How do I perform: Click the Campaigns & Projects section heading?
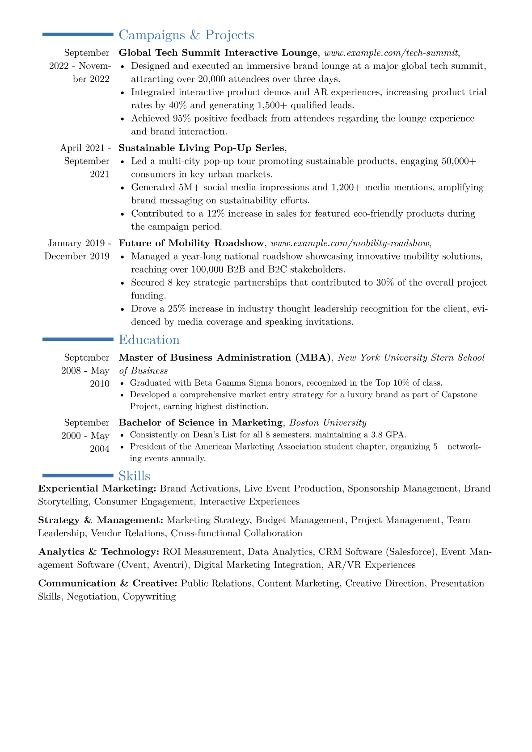point(186,35)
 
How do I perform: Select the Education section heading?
point(149,340)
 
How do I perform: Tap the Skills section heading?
point(134,476)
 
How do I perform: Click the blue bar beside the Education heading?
point(78,340)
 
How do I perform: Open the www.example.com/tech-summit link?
point(391,53)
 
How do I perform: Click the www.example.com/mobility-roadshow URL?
point(350,243)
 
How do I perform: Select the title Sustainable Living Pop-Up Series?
point(201,148)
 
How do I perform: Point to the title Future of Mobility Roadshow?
point(191,243)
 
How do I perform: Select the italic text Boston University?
point(328,423)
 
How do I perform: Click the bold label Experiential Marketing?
point(97,488)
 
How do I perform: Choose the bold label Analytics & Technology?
point(98,552)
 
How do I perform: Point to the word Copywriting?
point(149,597)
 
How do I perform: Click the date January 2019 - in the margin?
point(79,243)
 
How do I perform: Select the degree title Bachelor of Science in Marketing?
point(200,423)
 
